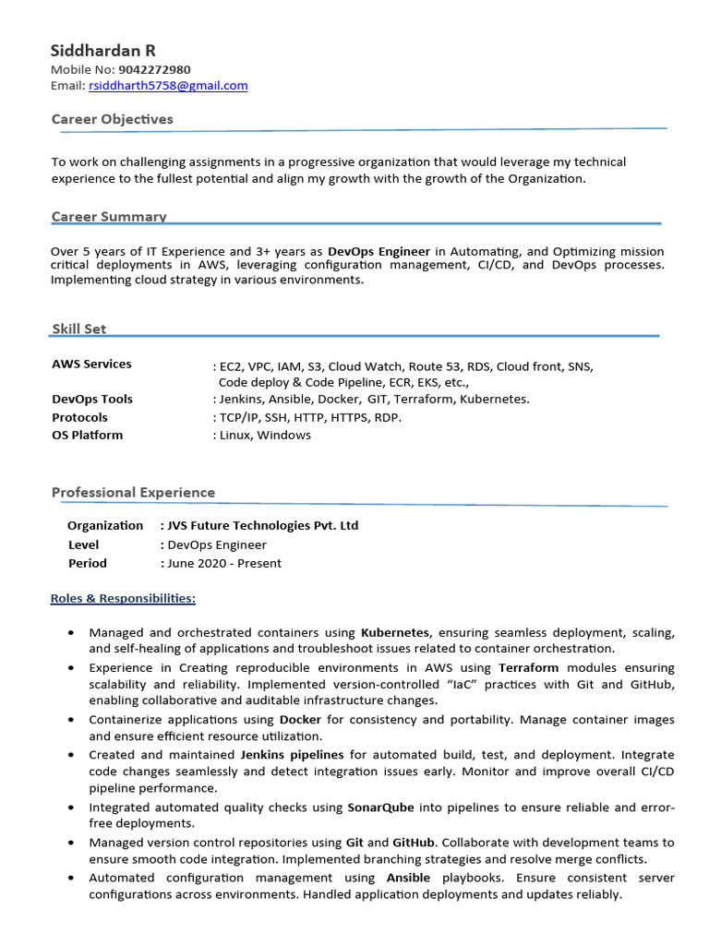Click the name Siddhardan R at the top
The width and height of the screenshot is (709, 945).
103,50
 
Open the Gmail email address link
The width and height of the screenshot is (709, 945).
168,86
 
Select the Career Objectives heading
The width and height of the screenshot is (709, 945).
112,119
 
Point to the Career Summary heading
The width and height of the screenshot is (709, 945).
109,217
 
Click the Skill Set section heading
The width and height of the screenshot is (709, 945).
78,329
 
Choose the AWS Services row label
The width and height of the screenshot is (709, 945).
91,364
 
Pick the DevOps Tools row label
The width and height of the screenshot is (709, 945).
92,400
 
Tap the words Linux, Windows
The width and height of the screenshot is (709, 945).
265,435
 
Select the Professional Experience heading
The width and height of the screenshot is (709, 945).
133,493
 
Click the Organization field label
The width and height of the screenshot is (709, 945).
105,526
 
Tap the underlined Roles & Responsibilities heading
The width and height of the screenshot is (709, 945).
123,599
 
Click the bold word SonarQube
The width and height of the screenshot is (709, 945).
381,807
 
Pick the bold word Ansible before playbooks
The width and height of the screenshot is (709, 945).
408,878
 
